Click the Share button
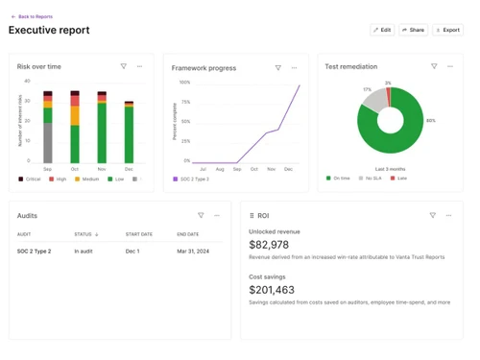[413, 30]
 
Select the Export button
[447, 30]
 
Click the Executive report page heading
[49, 31]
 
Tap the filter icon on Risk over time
[124, 66]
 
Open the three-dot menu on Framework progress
[294, 68]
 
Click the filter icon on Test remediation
[434, 66]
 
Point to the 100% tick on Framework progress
[185, 83]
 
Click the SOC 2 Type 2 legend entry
[192, 180]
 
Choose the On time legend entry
[340, 178]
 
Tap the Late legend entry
[398, 178]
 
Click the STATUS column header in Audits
[85, 234]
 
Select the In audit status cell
[84, 252]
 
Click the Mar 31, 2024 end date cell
[195, 252]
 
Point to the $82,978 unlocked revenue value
[269, 245]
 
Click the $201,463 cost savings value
[272, 290]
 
